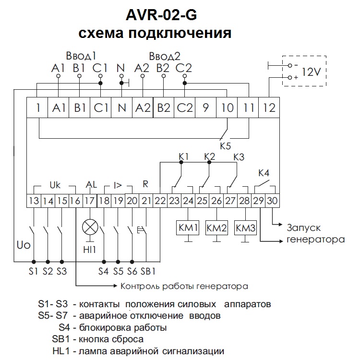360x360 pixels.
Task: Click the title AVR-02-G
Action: [161, 15]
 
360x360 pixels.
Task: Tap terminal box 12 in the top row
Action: [270, 108]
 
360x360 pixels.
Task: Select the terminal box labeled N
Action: [121, 108]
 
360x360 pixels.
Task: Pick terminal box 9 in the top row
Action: [205, 108]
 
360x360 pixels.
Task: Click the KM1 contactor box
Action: [189, 228]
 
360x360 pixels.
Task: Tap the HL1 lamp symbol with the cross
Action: [90, 226]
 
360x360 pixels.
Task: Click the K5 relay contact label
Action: [226, 144]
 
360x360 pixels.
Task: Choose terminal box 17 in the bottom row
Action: [89, 201]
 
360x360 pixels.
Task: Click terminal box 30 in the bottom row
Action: [272, 201]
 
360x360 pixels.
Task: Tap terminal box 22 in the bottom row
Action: [160, 201]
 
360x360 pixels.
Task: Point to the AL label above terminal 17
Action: [91, 184]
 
